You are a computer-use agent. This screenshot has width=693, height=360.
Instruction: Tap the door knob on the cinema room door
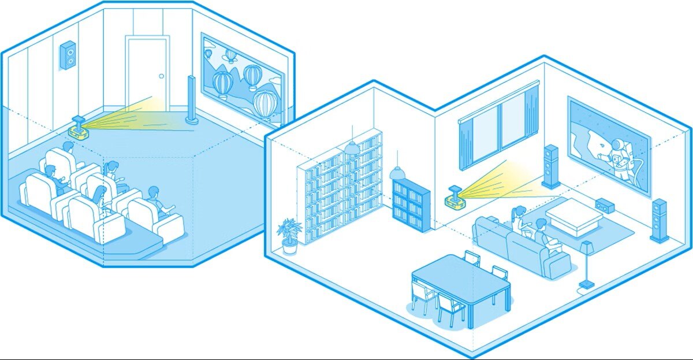click(x=162, y=76)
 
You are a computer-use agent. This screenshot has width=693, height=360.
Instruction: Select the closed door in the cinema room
click(x=147, y=72)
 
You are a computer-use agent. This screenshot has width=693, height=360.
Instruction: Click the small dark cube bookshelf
click(x=411, y=205)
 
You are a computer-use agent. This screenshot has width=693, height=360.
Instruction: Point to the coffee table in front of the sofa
click(x=569, y=214)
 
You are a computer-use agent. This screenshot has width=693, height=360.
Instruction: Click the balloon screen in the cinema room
click(x=243, y=81)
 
